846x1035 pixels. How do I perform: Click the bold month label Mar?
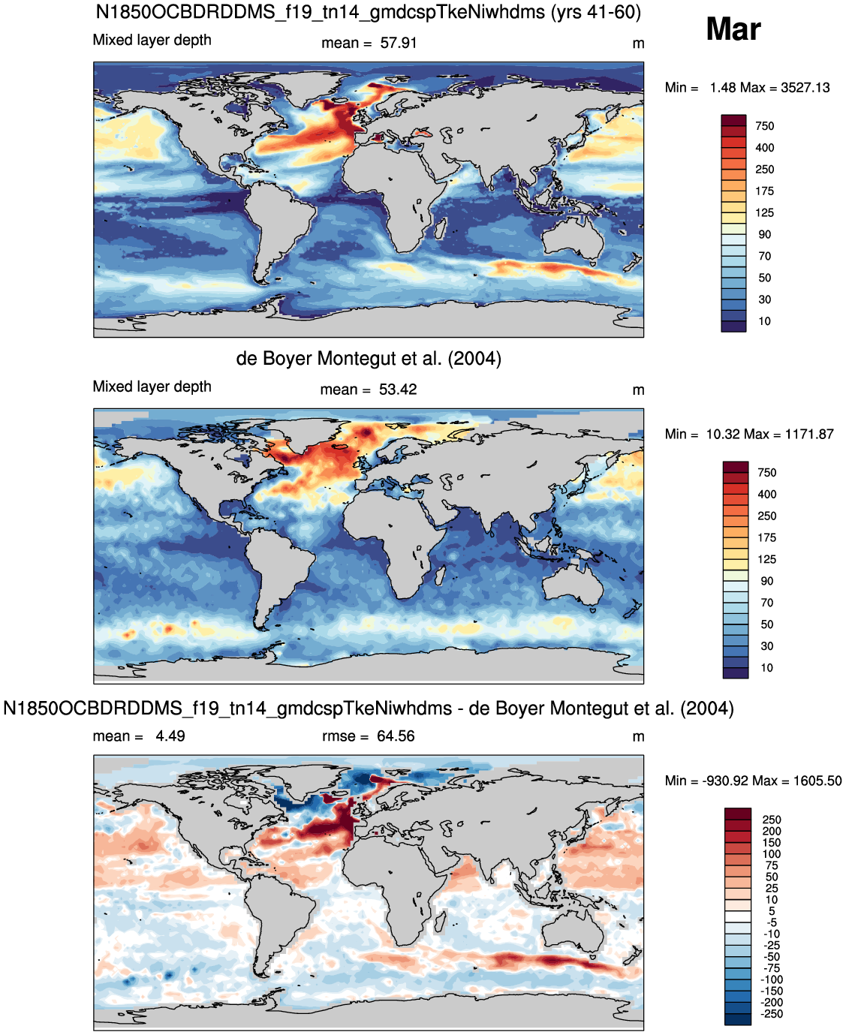point(733,29)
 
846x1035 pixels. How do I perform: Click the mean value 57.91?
point(398,43)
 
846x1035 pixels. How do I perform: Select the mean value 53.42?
point(398,390)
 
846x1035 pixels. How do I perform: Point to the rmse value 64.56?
point(396,736)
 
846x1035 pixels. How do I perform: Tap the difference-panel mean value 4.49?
point(170,736)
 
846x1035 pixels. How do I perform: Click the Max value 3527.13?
point(805,87)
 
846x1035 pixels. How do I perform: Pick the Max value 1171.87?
point(809,434)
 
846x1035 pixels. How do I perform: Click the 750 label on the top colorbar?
point(764,126)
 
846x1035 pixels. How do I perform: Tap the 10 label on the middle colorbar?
point(766,667)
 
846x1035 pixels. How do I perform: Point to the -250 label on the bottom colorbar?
point(772,1013)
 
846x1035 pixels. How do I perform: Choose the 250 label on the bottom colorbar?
point(772,819)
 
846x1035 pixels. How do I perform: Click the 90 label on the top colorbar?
point(764,234)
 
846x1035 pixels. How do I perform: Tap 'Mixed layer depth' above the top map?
point(152,40)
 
